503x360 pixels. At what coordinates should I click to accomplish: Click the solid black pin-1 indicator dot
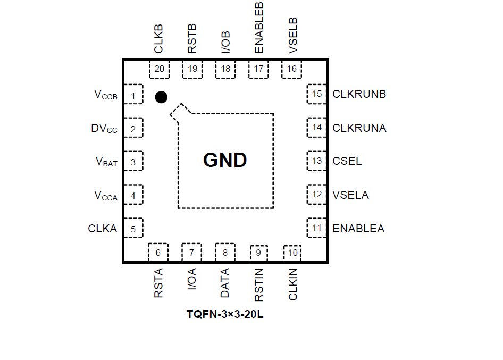point(161,97)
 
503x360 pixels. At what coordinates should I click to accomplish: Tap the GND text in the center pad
point(225,160)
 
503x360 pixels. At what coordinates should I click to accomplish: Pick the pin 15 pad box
point(317,94)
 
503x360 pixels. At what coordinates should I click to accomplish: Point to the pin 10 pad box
point(293,253)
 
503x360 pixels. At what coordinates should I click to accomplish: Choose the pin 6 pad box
point(158,253)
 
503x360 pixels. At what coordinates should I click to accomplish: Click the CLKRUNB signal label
point(359,94)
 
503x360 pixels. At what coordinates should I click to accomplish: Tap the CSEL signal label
point(347,161)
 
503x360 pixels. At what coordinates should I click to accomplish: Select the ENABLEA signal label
point(358,229)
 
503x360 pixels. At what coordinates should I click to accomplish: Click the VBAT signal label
point(106,162)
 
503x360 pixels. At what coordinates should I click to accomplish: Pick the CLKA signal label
point(103,229)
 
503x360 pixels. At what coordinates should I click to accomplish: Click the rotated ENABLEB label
point(259,27)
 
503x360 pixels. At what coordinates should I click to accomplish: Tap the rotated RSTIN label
point(259,284)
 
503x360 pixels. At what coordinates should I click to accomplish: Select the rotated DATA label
point(225,283)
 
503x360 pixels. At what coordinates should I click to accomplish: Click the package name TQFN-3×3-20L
point(225,314)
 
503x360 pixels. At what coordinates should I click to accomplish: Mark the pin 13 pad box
point(317,161)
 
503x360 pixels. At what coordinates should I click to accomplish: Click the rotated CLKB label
point(158,39)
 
